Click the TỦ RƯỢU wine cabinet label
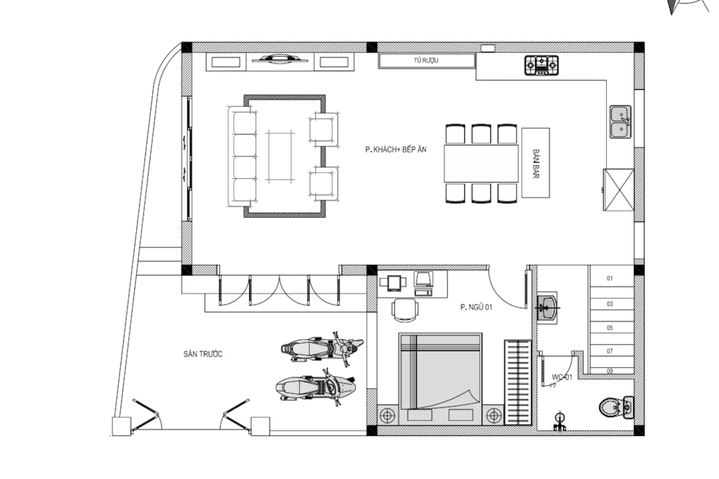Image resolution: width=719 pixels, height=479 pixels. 426,60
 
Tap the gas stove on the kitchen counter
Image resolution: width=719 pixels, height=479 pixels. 541,65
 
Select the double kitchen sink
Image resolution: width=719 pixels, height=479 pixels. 621,122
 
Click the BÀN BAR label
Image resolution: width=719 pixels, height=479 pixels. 536,164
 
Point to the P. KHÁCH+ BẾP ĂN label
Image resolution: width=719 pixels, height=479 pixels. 396,149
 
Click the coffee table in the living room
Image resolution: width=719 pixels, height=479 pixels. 279,157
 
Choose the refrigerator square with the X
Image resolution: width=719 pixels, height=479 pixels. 619,190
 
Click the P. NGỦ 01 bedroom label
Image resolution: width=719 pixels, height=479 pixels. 476,307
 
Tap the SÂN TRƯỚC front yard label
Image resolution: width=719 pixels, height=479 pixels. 203,354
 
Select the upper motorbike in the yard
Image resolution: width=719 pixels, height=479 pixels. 322,348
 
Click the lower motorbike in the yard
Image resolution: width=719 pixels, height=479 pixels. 315,388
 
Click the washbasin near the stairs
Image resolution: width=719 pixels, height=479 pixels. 548,307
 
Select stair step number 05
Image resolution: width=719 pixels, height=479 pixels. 610,327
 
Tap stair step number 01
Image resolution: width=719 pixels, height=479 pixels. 610,278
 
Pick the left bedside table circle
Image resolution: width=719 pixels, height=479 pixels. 388,416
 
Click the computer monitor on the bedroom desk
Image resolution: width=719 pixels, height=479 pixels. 423,279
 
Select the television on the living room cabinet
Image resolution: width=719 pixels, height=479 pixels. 279,59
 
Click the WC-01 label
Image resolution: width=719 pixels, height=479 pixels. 562,377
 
